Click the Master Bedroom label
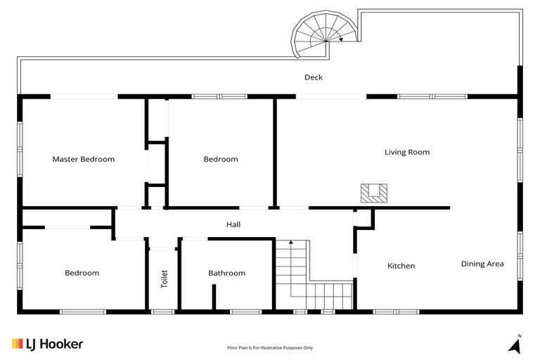pyautogui.click(x=83, y=159)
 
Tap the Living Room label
pyautogui.click(x=406, y=152)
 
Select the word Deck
pyautogui.click(x=313, y=77)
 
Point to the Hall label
pyautogui.click(x=233, y=224)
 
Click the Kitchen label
pyautogui.click(x=401, y=266)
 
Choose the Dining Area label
pyautogui.click(x=482, y=264)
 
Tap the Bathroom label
pyautogui.click(x=226, y=273)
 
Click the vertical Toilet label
pyautogui.click(x=165, y=278)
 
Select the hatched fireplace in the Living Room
pyautogui.click(x=373, y=193)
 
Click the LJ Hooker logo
pyautogui.click(x=47, y=344)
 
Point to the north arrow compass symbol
pyautogui.click(x=516, y=344)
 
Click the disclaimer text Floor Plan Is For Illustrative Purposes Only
pyautogui.click(x=269, y=347)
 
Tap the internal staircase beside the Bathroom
pyautogui.click(x=311, y=277)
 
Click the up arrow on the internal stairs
pyautogui.click(x=289, y=243)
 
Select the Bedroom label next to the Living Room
pyautogui.click(x=220, y=159)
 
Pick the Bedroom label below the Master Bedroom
pyautogui.click(x=82, y=273)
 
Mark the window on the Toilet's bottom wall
pyautogui.click(x=162, y=311)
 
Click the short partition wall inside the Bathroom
pyautogui.click(x=214, y=297)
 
